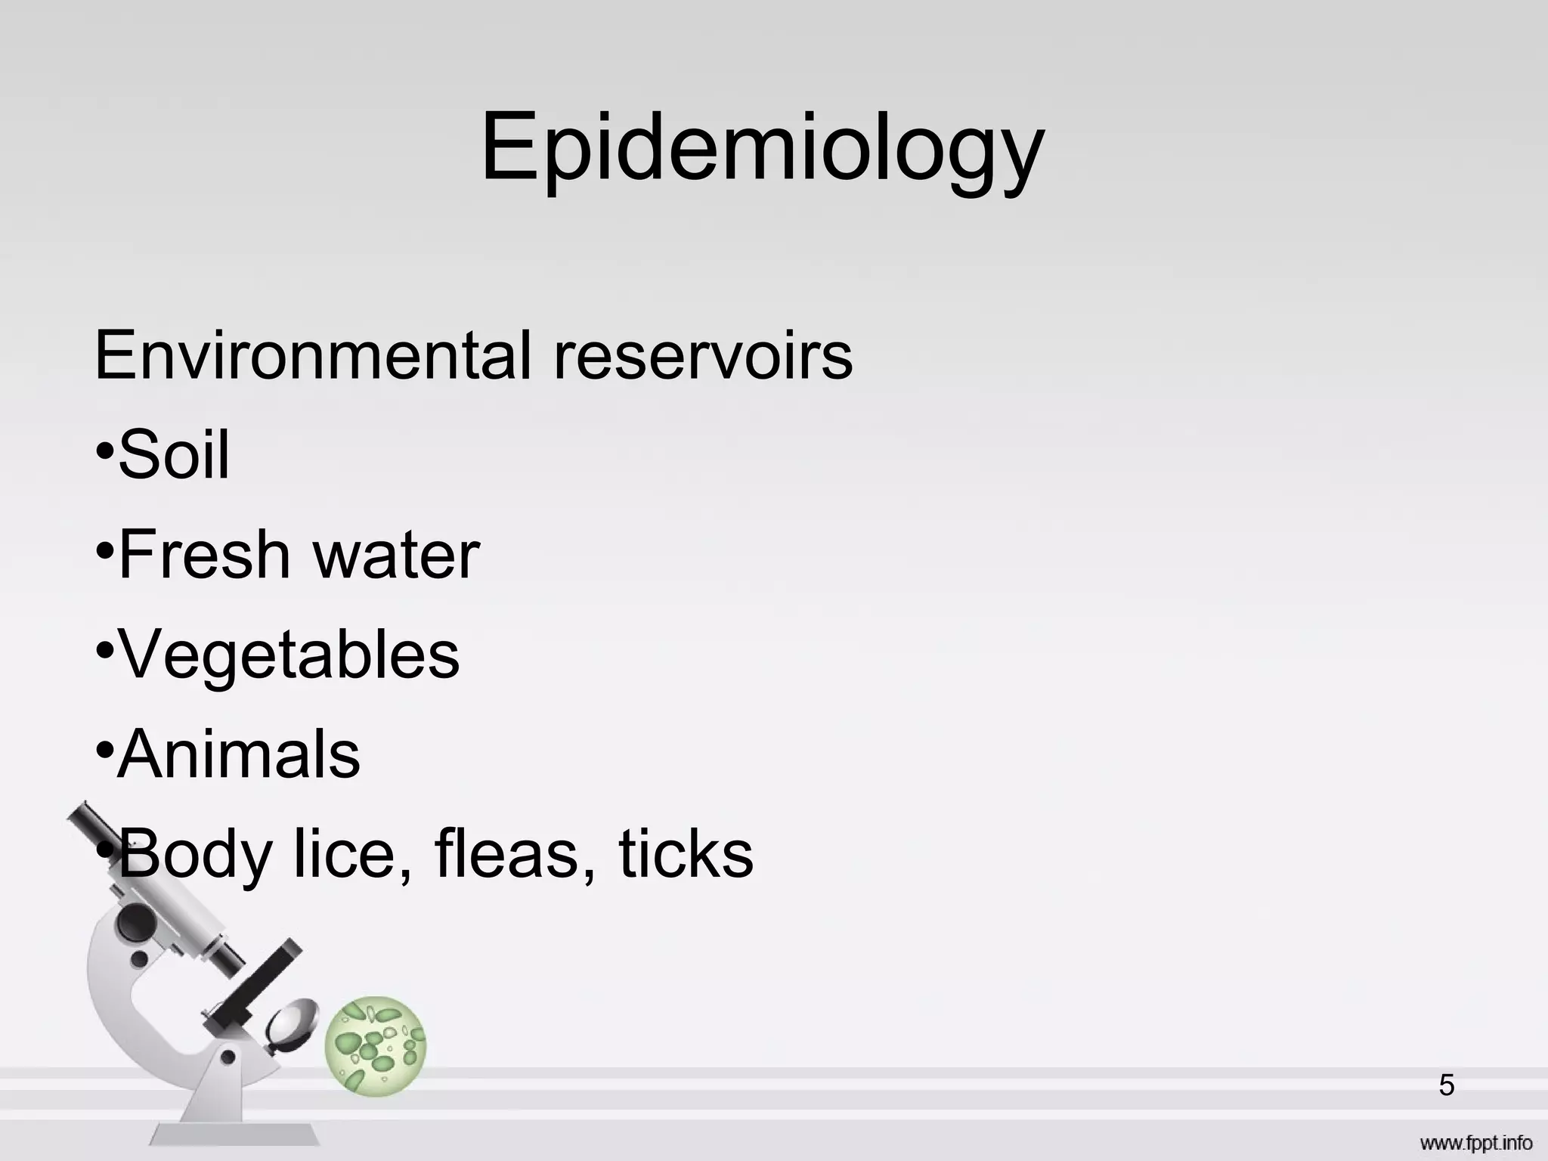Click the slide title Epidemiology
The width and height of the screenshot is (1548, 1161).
click(762, 147)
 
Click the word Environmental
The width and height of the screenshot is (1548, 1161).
click(314, 354)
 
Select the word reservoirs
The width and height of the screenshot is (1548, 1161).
click(703, 354)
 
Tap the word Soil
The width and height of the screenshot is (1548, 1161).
click(174, 454)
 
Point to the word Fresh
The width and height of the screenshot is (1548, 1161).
click(204, 554)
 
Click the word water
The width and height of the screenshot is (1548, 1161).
click(396, 556)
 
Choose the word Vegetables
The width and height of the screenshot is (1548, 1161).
click(289, 655)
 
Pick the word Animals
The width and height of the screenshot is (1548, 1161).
click(239, 754)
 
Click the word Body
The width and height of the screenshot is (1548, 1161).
click(195, 855)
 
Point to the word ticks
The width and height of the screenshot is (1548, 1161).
click(686, 853)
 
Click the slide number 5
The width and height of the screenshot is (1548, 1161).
click(1447, 1085)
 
